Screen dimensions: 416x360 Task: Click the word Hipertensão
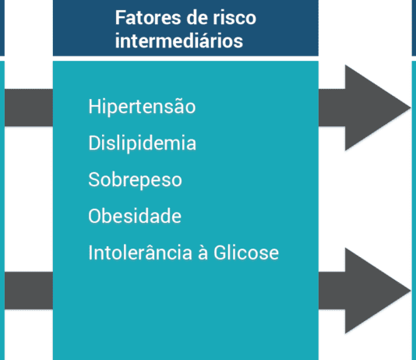click(x=142, y=106)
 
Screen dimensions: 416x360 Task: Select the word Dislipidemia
click(x=143, y=143)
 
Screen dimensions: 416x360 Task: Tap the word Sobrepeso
click(x=135, y=179)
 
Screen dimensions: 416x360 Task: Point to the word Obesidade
click(x=135, y=216)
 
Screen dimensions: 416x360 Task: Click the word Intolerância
click(x=140, y=252)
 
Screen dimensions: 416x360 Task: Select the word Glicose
click(x=246, y=252)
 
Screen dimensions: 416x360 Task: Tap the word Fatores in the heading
click(x=148, y=18)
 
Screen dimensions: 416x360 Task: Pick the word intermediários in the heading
click(x=179, y=41)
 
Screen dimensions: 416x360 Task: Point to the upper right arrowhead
click(x=378, y=108)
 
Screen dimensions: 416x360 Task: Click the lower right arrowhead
click(x=378, y=290)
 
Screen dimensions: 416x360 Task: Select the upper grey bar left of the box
click(x=29, y=108)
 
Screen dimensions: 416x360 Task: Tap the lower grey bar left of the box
click(x=29, y=290)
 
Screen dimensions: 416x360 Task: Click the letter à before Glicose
click(x=203, y=252)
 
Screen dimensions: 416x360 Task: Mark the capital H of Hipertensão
click(x=95, y=107)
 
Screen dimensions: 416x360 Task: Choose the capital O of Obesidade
click(x=96, y=216)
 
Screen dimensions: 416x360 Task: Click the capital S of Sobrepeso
click(x=95, y=179)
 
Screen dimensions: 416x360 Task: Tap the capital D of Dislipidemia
click(x=95, y=143)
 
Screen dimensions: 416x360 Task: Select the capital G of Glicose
click(x=220, y=252)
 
